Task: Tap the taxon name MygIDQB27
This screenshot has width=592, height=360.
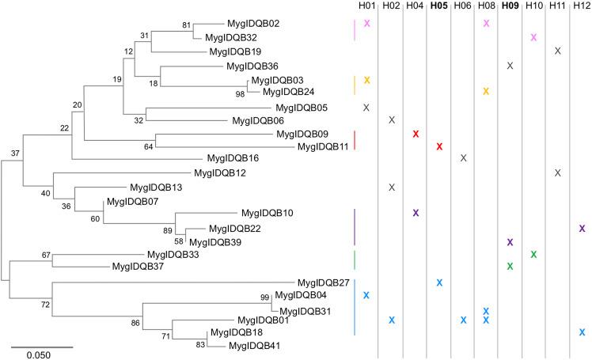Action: (323, 282)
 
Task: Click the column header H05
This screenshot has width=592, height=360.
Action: (438, 7)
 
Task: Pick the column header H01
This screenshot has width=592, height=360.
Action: (366, 7)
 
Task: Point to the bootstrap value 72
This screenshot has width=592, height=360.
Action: (45, 305)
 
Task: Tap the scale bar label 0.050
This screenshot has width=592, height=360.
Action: (38, 354)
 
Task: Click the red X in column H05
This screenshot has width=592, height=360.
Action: (438, 147)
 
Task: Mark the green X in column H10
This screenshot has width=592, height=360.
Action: (534, 254)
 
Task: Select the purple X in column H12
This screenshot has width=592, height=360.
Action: (582, 228)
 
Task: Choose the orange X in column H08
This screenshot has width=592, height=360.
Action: (486, 92)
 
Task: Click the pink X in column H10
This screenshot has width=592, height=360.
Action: (534, 38)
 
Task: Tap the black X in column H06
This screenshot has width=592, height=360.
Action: (463, 158)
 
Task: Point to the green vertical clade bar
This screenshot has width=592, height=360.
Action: (354, 260)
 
